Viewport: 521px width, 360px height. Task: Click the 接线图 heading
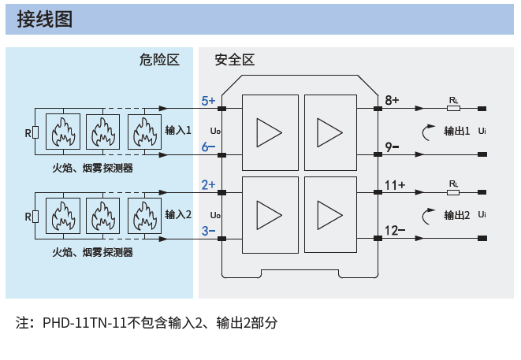44,19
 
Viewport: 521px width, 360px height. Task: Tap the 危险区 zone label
159,60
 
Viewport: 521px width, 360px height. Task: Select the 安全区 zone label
235,60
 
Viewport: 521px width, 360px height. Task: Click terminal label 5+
208,101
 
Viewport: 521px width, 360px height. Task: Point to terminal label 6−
208,147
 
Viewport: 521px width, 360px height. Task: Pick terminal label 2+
208,184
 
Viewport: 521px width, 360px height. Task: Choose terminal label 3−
208,231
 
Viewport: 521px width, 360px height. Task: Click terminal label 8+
392,100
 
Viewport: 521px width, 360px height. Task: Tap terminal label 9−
392,147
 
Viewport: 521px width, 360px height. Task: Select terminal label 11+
395,185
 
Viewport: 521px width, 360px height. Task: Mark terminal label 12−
395,231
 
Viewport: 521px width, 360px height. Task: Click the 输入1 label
178,130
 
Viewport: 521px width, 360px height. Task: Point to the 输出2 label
457,215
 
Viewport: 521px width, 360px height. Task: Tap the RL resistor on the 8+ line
453,108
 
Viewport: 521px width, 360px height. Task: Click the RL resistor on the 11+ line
453,192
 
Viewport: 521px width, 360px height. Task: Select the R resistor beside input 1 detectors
35,132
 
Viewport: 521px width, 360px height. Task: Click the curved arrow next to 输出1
423,133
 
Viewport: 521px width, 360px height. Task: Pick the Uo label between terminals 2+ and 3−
215,215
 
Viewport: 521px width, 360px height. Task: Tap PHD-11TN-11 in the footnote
84,323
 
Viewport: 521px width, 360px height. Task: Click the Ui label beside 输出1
482,131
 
